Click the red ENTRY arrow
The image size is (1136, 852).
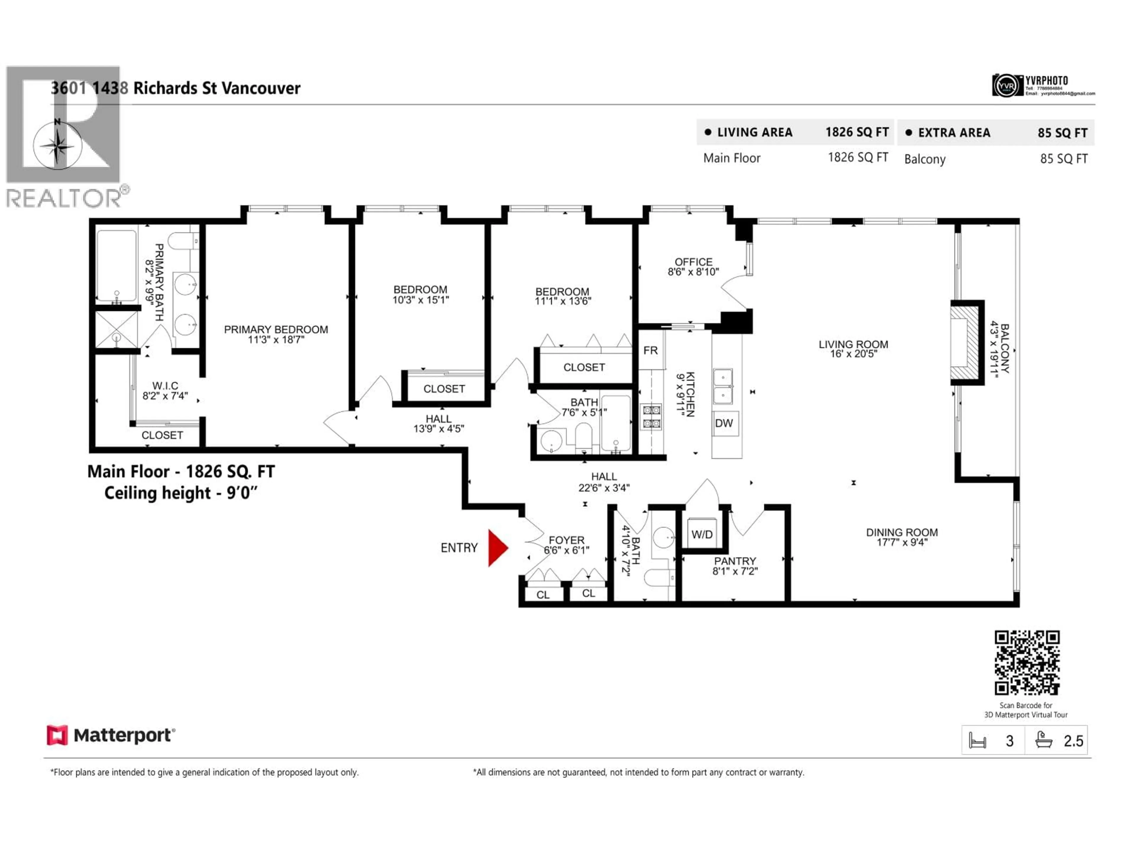pos(497,548)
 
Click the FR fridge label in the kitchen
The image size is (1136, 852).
pos(650,350)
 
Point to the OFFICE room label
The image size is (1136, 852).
pos(693,262)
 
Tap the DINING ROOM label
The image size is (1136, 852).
pos(901,532)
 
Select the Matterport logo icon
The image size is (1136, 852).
pos(57,735)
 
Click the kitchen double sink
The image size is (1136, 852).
pos(723,386)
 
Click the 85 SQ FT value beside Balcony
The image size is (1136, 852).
pos(1064,159)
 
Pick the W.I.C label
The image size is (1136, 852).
pos(165,386)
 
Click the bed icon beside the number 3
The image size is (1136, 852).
pos(977,740)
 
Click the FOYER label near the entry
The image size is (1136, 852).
pos(567,540)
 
